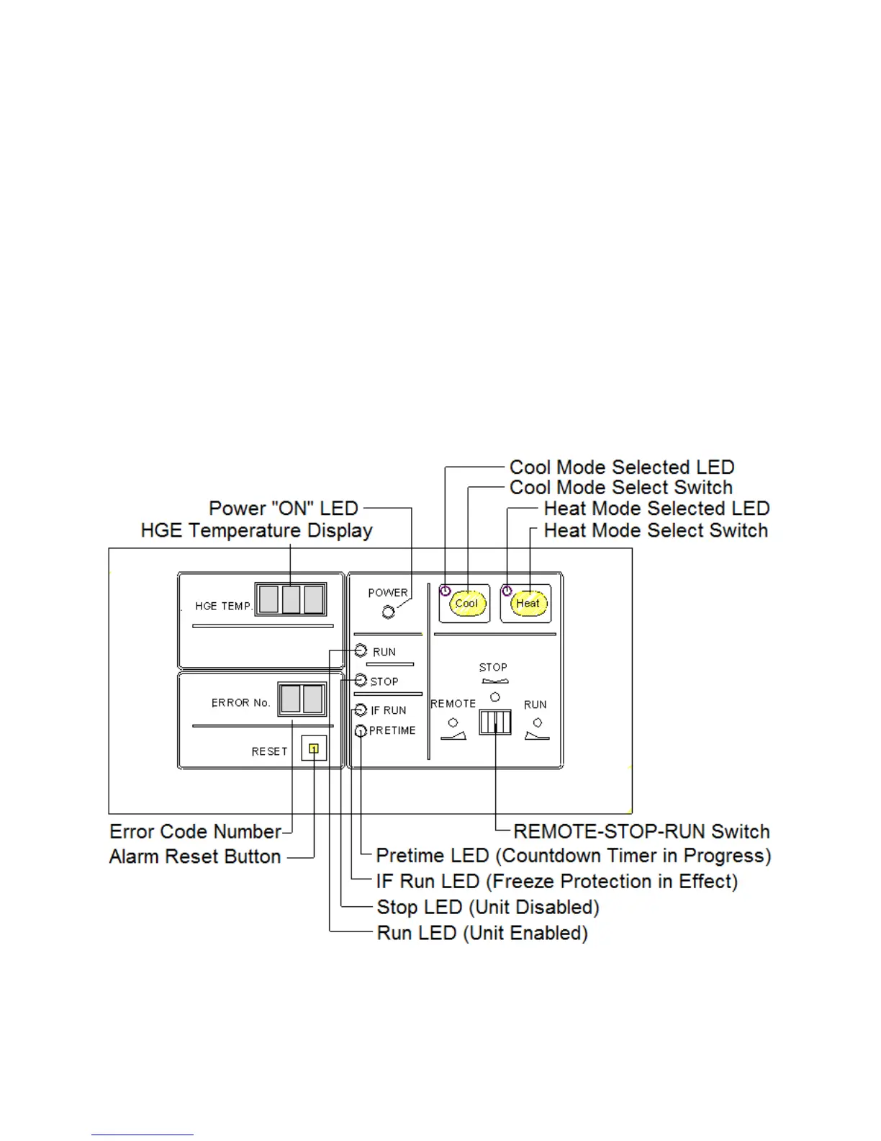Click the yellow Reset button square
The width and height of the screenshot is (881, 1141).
tap(314, 749)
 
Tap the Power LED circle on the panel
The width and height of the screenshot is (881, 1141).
tap(389, 612)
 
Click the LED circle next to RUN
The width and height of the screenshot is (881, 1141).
tap(361, 651)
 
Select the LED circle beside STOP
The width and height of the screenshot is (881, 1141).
tap(361, 680)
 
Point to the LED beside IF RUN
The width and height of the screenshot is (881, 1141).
tap(361, 710)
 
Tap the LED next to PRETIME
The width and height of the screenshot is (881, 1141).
tap(361, 731)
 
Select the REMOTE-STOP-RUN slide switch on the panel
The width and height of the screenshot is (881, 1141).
tap(495, 722)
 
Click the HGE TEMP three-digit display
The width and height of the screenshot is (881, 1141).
tap(291, 599)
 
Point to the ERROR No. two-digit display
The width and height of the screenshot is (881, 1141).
tap(302, 699)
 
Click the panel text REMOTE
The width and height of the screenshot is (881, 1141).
tap(453, 704)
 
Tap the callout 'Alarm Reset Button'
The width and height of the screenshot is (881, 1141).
tap(195, 856)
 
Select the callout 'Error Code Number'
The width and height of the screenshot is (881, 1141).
tap(195, 832)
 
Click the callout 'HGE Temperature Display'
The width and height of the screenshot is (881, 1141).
tap(256, 531)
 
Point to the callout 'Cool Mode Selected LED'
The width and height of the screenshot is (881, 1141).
tap(622, 467)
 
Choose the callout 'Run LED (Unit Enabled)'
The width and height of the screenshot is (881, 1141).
tap(482, 934)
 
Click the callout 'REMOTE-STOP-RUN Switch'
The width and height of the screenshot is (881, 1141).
tap(641, 832)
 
